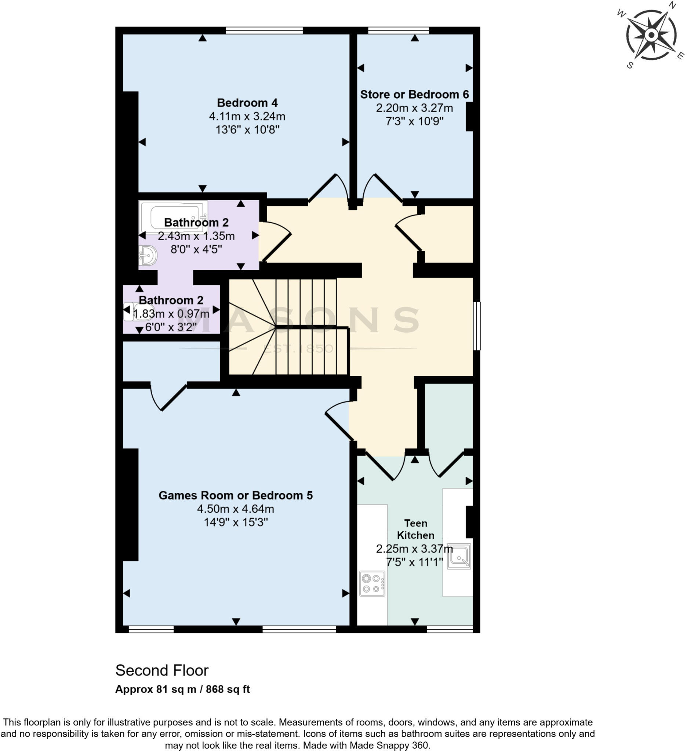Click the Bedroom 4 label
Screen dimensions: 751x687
coord(247,103)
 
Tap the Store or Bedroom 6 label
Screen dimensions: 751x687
coord(414,95)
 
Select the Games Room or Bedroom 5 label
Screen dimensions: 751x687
coord(236,495)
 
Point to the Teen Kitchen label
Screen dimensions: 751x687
coord(415,530)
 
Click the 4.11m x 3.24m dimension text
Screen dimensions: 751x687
coord(247,117)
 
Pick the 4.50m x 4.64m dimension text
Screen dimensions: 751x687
coord(236,509)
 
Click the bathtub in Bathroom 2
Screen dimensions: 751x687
coord(173,216)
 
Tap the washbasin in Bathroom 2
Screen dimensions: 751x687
coord(148,256)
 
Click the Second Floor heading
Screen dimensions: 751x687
coord(162,671)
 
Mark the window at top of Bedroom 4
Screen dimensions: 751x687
coord(264,30)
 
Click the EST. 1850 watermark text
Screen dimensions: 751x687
coord(298,349)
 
